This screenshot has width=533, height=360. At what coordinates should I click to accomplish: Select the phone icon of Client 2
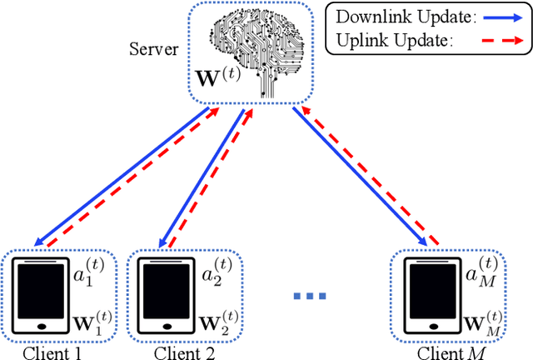coord(161,296)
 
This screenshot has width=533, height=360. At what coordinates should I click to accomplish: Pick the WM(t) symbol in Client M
coord(479,319)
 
